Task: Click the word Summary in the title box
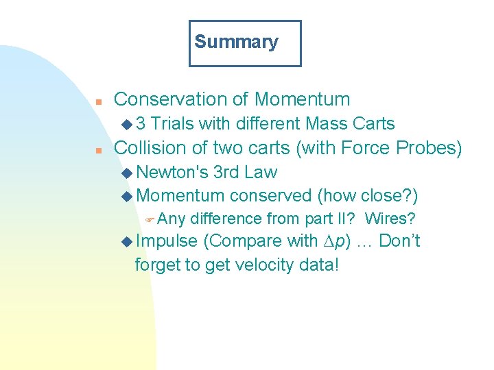[236, 42]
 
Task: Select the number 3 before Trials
[141, 124]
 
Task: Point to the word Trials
[172, 124]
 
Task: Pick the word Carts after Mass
[375, 124]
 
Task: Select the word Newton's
[172, 172]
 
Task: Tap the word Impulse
[167, 242]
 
